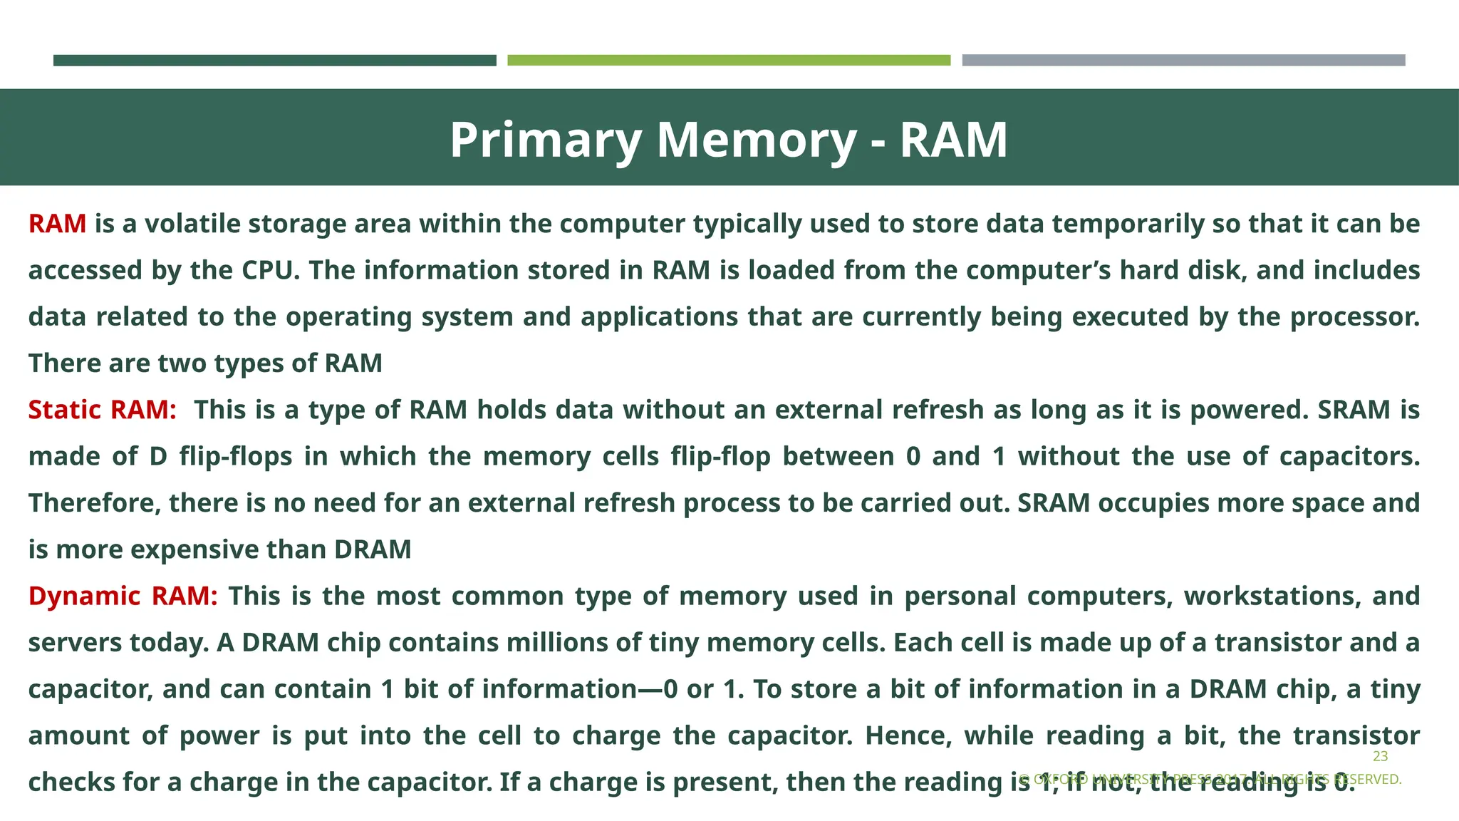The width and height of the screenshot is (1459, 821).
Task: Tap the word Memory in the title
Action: point(756,140)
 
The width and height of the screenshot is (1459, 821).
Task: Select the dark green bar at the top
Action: point(274,61)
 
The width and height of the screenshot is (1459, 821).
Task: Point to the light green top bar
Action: point(729,61)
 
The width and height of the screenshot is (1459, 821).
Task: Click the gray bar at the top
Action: point(1183,61)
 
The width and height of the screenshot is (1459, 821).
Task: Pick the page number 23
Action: point(1380,756)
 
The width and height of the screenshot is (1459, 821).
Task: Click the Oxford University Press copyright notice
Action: point(1210,780)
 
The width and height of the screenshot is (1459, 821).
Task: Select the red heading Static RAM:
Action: point(102,410)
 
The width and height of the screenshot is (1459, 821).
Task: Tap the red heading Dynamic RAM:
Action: point(123,596)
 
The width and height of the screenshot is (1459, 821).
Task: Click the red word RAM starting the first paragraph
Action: point(57,224)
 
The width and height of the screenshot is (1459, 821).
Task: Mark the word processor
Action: point(1354,316)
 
